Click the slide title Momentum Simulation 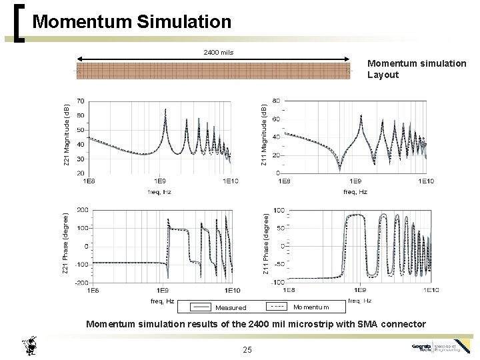pyautogui.click(x=131, y=22)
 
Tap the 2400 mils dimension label pyautogui.click(x=218, y=52)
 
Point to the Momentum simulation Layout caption pyautogui.click(x=417, y=69)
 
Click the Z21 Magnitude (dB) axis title pyautogui.click(x=67, y=136)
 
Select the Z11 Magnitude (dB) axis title pyautogui.click(x=264, y=135)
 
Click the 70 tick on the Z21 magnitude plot pyautogui.click(x=80, y=101)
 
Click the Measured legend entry pyautogui.click(x=230, y=308)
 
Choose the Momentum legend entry pyautogui.click(x=311, y=307)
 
